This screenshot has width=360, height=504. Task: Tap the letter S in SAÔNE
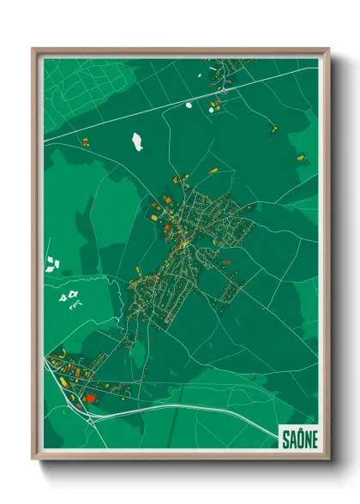pos(285,439)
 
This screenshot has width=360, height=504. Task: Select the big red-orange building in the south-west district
pos(90,398)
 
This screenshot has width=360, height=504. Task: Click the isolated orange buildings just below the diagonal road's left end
pos(85,139)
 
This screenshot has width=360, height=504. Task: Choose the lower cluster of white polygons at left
pos(69,297)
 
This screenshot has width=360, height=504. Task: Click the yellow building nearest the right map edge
pos(300,158)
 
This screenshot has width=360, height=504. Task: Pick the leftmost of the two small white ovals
pos(189,105)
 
